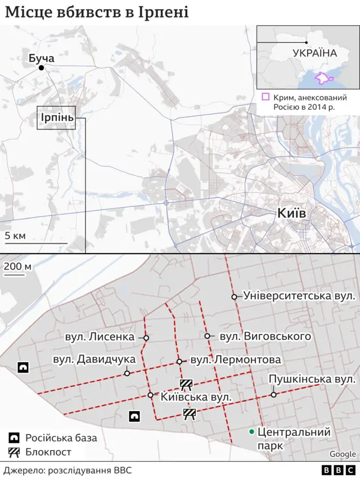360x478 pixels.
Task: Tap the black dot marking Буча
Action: point(41,68)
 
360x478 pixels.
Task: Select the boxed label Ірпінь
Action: point(56,118)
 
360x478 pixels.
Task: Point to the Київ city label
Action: point(291,213)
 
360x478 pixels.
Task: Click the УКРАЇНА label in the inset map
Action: point(314,53)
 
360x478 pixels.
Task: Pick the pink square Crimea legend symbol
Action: point(265,97)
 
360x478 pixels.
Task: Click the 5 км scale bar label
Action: point(15,235)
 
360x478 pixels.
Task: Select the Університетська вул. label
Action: point(299,295)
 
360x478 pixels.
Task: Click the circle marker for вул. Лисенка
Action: point(146,338)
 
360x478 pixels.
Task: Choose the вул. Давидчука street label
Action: point(94,359)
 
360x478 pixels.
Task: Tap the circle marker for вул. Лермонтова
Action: point(179,362)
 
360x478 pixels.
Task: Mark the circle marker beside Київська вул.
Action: point(151,395)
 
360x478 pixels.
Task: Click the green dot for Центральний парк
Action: point(251,432)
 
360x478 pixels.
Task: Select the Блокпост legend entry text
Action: point(48,452)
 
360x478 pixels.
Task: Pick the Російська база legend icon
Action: point(14,438)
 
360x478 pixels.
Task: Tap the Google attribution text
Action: point(343,454)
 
